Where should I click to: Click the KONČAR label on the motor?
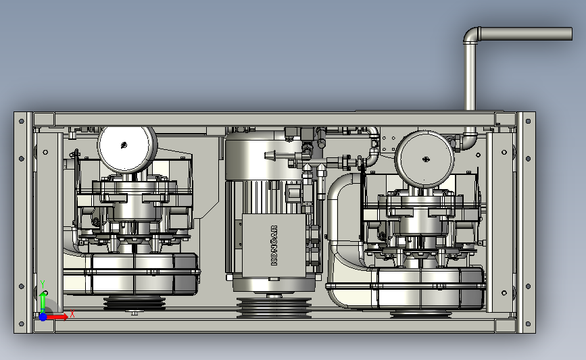tap(274, 245)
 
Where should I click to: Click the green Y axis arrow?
tap(43, 302)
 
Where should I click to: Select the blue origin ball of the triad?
tap(43, 317)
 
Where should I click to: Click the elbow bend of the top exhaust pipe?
tap(472, 34)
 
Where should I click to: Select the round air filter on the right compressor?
tap(424, 159)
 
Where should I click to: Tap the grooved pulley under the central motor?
tap(274, 307)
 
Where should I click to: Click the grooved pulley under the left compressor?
tap(135, 303)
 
